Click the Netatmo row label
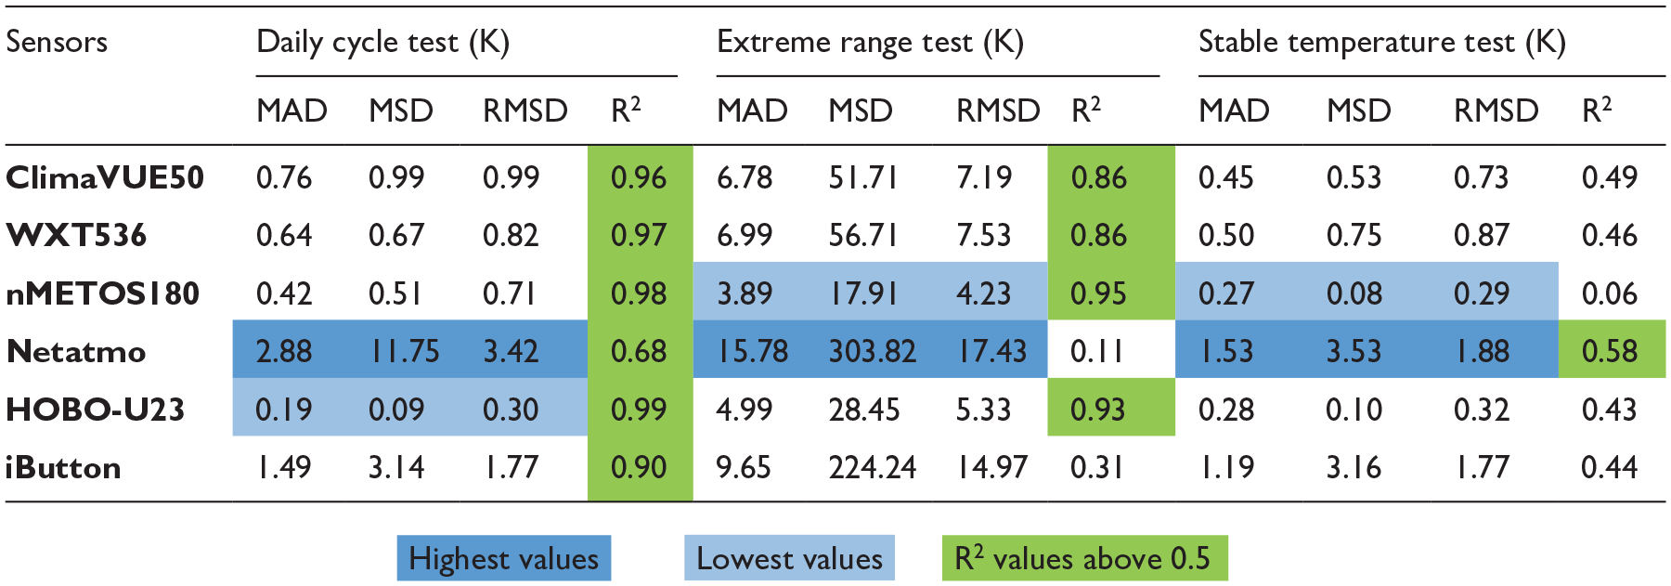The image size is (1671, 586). click(x=76, y=351)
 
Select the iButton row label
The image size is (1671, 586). click(x=63, y=467)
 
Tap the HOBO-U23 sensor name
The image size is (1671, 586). click(x=96, y=410)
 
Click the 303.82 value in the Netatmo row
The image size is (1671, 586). click(x=873, y=351)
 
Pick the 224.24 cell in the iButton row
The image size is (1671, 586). click(x=873, y=467)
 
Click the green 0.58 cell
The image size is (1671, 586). click(x=1612, y=350)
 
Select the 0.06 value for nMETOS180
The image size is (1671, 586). click(x=1610, y=293)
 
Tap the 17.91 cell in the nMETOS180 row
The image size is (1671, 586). click(x=863, y=293)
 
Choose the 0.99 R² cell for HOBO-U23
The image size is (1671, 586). click(x=639, y=410)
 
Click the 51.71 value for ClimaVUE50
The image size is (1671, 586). click(x=863, y=177)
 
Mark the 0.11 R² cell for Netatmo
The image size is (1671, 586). click(x=1096, y=351)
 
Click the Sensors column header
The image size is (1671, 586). click(x=57, y=42)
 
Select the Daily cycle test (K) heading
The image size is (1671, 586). click(x=383, y=42)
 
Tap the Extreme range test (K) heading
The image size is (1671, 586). click(x=871, y=42)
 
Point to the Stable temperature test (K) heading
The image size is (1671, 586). click(x=1382, y=42)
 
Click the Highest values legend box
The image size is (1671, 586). click(x=504, y=558)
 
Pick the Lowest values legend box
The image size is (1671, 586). click(x=790, y=558)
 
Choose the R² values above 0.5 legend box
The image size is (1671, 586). click(x=1084, y=558)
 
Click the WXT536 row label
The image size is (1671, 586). click(x=76, y=235)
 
